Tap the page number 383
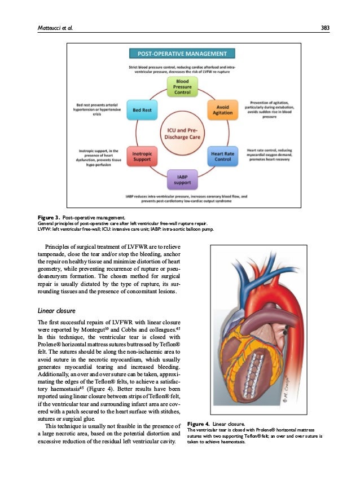[x=325, y=27]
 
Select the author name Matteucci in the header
[x=46, y=27]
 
